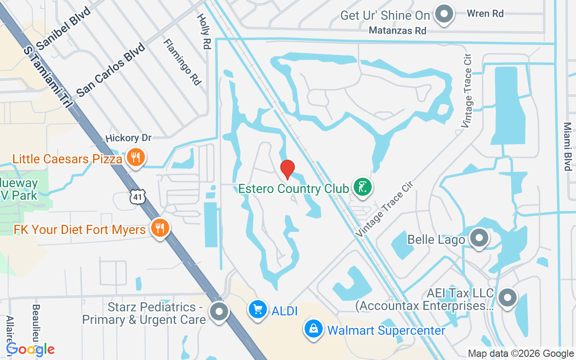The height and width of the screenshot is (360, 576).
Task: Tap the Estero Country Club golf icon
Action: click(x=362, y=187)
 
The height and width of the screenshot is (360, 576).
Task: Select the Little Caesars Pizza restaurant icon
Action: click(x=135, y=157)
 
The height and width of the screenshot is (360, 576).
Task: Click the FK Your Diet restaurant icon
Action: click(x=159, y=228)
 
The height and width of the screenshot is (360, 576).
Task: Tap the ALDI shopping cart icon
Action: click(x=258, y=310)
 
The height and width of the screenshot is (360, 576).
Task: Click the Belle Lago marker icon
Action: click(x=479, y=237)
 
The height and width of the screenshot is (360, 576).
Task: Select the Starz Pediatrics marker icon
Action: click(x=220, y=311)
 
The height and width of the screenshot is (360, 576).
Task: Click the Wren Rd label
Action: click(x=485, y=13)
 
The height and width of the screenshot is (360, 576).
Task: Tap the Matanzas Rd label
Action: click(x=397, y=31)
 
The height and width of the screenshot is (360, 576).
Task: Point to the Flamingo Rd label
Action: click(x=182, y=62)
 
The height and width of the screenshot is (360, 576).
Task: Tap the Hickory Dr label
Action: click(x=129, y=138)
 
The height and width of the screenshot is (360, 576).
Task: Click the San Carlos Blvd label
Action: click(x=111, y=70)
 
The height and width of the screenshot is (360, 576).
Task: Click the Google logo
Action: click(x=31, y=349)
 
